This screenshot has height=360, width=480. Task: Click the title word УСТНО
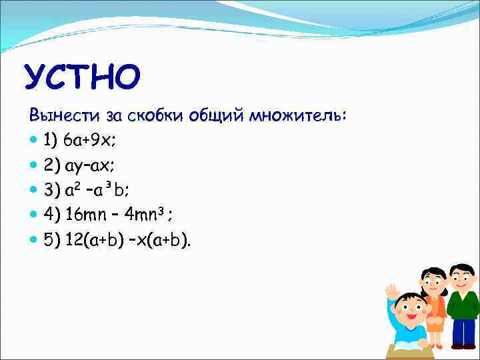coord(83,78)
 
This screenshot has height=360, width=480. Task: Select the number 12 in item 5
coord(75,240)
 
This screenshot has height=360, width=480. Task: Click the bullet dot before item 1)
coord(34,141)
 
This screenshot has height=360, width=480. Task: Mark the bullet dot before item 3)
coord(34,191)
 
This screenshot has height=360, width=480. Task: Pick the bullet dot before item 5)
coord(34,241)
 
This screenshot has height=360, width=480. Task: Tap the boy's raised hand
coord(392,291)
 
